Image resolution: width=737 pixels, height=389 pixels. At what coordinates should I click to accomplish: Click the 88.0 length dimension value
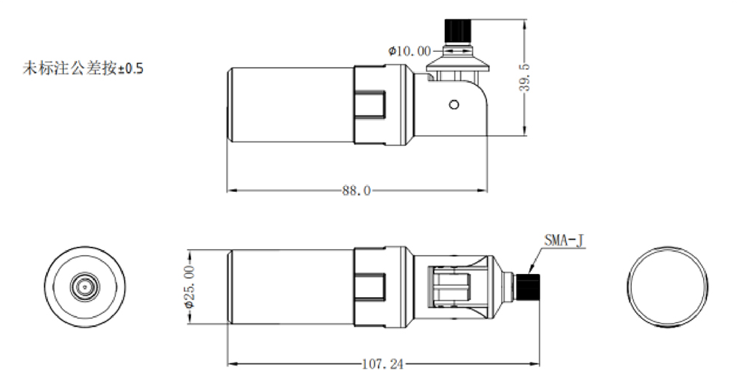[356, 191]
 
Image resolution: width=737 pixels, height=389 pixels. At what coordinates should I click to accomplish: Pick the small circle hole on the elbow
[453, 104]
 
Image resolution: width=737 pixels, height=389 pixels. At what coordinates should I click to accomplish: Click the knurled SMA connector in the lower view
[529, 287]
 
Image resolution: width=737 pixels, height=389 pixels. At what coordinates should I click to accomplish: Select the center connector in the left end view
[84, 287]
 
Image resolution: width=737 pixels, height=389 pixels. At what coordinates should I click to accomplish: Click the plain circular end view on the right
[668, 287]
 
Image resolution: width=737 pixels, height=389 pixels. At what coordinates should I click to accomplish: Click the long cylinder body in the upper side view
[290, 103]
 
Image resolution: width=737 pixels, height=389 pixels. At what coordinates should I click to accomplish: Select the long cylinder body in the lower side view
[290, 287]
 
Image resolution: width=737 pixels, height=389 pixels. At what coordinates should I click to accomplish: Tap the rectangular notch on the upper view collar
[372, 104]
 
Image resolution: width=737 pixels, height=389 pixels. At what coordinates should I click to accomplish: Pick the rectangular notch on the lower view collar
[372, 287]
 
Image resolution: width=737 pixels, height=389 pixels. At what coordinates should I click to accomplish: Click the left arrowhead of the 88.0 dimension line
[228, 190]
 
